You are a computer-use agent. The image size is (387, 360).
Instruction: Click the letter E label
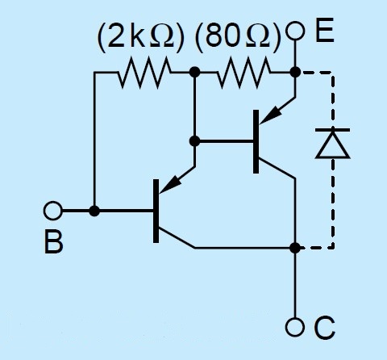pos(325,30)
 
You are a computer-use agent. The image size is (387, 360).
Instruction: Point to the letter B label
pos(53,241)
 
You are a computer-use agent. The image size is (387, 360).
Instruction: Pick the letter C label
pos(324,328)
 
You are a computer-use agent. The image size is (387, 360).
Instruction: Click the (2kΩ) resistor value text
pos(141,37)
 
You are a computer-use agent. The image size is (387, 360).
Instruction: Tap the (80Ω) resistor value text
pos(238,37)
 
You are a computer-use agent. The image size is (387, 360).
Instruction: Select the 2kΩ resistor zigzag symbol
pos(144,72)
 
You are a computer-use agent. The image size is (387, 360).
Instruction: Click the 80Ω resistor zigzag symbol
pos(244,72)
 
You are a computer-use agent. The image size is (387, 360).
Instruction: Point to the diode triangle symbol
pos(333,143)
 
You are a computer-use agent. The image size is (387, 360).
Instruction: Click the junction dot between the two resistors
pos(194,72)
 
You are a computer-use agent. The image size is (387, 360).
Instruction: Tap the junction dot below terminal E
pos(295,72)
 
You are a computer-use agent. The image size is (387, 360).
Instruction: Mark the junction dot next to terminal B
pos(94,211)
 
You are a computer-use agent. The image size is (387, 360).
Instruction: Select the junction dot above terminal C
pos(295,248)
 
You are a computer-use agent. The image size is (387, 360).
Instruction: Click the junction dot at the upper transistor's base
pos(194,140)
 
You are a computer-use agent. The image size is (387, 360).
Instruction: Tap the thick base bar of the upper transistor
pos(256,141)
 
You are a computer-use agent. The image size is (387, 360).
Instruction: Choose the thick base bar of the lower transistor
pos(156,211)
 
